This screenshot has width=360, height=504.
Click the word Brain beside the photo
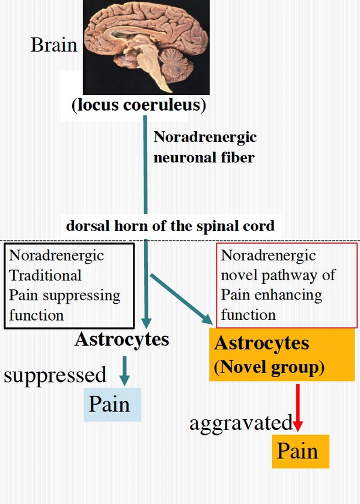click(54, 45)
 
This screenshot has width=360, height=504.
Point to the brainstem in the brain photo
click(153, 67)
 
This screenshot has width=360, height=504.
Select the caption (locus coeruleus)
click(139, 105)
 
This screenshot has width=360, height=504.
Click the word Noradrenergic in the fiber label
click(205, 137)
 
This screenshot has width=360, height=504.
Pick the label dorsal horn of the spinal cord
click(170, 226)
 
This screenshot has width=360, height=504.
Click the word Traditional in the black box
click(45, 275)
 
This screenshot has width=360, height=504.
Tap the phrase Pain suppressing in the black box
click(64, 296)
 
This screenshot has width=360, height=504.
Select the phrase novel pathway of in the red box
click(278, 275)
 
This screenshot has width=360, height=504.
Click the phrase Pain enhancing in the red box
click(272, 295)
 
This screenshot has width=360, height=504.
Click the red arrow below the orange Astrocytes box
click(297, 408)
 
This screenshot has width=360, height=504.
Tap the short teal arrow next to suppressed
click(124, 371)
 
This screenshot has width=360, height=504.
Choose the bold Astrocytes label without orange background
click(122, 339)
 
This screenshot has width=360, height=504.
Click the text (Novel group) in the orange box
click(269, 367)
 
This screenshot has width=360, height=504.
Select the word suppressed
click(55, 375)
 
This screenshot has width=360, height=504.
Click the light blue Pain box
click(112, 404)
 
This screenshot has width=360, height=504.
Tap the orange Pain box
click(301, 451)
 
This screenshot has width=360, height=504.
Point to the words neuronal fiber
click(204, 158)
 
